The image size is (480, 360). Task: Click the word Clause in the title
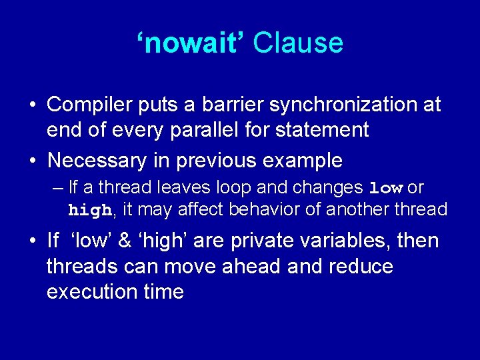click(298, 43)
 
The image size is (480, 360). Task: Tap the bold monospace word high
click(91, 211)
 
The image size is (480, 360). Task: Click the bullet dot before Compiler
click(33, 105)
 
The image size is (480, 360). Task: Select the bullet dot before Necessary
click(33, 161)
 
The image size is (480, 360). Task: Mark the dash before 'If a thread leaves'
click(57, 189)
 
